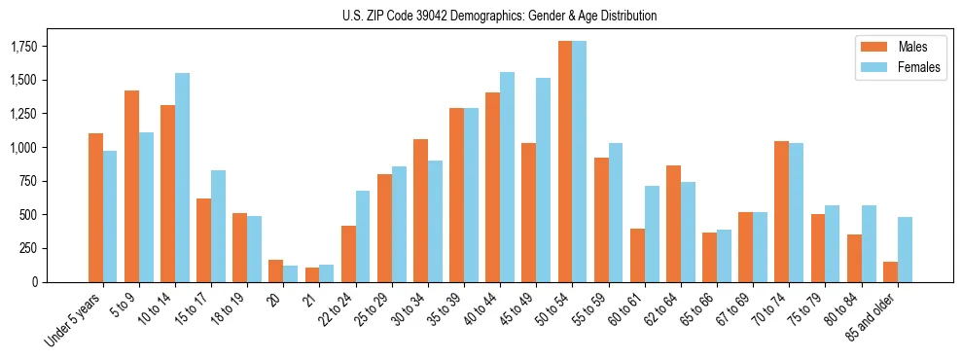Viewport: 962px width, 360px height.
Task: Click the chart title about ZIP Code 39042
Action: click(500, 16)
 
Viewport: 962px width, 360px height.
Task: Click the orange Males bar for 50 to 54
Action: click(565, 162)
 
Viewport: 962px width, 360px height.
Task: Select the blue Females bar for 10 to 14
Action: click(183, 177)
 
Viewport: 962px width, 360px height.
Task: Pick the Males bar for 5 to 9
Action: click(132, 186)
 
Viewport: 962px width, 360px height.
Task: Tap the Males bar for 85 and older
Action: click(890, 271)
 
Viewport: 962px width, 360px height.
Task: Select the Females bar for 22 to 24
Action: click(363, 236)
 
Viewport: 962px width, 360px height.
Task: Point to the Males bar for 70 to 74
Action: click(781, 211)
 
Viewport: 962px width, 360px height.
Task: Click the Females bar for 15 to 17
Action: click(219, 226)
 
